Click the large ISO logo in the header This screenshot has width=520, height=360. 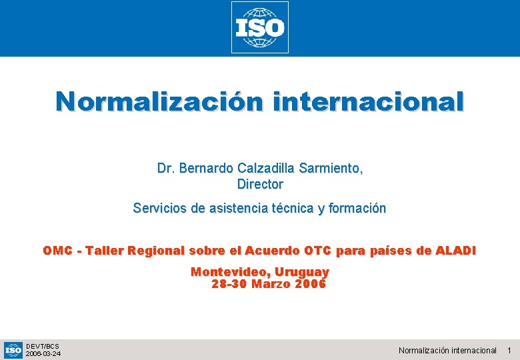[x=260, y=27]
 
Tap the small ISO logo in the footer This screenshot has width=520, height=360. [x=13, y=350]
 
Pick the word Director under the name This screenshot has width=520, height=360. [x=260, y=184]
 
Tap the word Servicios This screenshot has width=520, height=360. [x=160, y=209]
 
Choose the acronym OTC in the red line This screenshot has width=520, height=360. [x=318, y=251]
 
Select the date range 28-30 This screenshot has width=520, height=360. [x=229, y=285]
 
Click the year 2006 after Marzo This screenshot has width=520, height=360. [x=310, y=285]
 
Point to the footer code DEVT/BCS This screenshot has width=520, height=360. [x=42, y=346]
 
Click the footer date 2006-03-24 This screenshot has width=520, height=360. [x=43, y=354]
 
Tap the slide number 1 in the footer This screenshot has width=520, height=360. [x=509, y=351]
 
